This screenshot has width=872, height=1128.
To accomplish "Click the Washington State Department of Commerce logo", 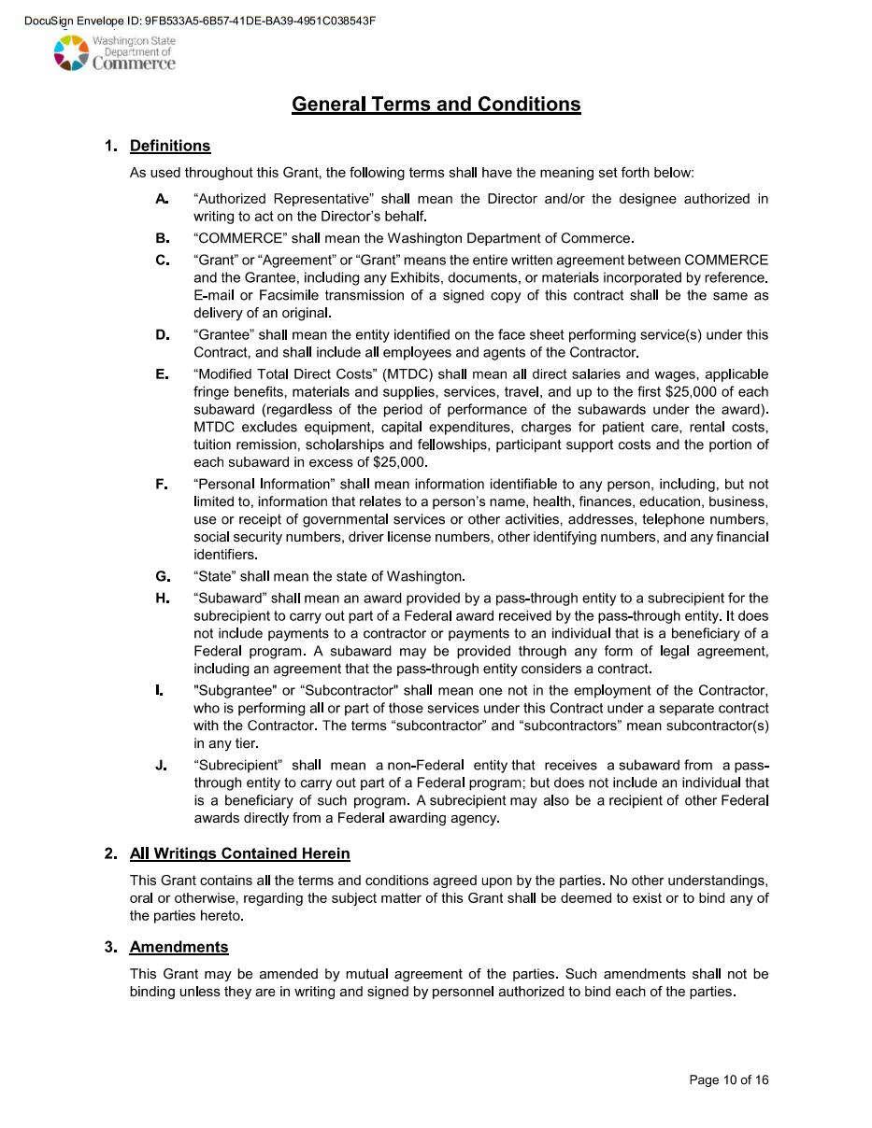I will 114,53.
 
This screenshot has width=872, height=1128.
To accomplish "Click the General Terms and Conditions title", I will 436,104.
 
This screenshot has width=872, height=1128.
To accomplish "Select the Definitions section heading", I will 170,146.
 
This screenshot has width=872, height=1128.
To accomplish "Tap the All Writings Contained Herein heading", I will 239,853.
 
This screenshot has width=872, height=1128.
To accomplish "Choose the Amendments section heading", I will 179,947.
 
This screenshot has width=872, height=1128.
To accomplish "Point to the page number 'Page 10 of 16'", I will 728,1080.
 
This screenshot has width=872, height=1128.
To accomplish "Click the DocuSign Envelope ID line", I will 200,21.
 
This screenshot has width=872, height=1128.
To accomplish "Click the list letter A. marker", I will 162,199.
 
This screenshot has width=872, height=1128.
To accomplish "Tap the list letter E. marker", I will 162,374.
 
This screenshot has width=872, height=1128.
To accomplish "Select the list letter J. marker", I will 162,766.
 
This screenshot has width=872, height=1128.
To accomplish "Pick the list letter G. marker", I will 162,576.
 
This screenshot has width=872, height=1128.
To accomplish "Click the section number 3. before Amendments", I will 111,947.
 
